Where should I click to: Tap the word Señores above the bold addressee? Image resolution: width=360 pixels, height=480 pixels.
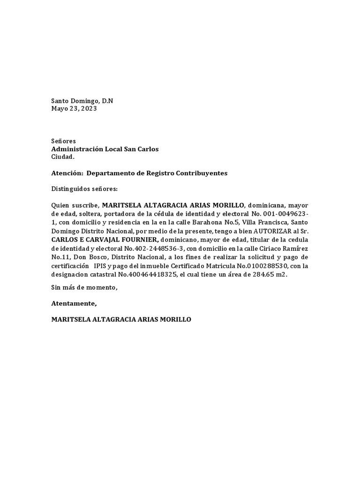point(63,141)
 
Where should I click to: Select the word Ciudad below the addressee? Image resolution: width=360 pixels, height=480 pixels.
point(62,157)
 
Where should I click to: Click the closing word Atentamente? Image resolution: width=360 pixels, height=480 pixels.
point(74,304)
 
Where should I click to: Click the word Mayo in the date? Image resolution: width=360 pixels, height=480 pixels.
point(60,108)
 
